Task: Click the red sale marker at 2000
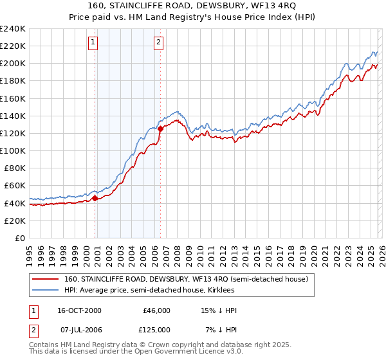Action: click(x=95, y=198)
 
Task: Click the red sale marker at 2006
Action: click(x=160, y=129)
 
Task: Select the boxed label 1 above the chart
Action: click(x=93, y=43)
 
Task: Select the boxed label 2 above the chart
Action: click(x=158, y=43)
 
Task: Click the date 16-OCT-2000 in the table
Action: click(x=78, y=310)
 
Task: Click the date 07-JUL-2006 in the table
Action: click(x=78, y=329)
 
